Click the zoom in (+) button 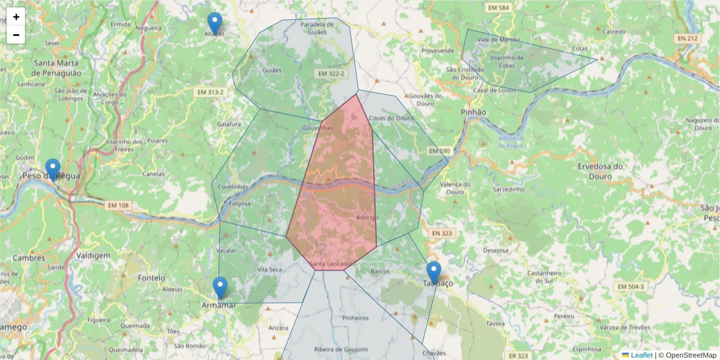point(16,17)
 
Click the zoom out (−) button point(16,35)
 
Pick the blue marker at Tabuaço point(433,272)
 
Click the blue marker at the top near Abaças point(214,23)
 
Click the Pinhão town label point(473,112)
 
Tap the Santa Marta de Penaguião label point(56,67)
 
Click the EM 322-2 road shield point(331,73)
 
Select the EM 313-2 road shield point(210,92)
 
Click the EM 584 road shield point(499,8)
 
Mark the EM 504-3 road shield point(630,287)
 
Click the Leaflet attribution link point(641,355)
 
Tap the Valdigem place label point(94,256)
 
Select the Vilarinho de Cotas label point(507,61)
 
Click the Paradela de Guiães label point(317,28)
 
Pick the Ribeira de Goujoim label point(341,349)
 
